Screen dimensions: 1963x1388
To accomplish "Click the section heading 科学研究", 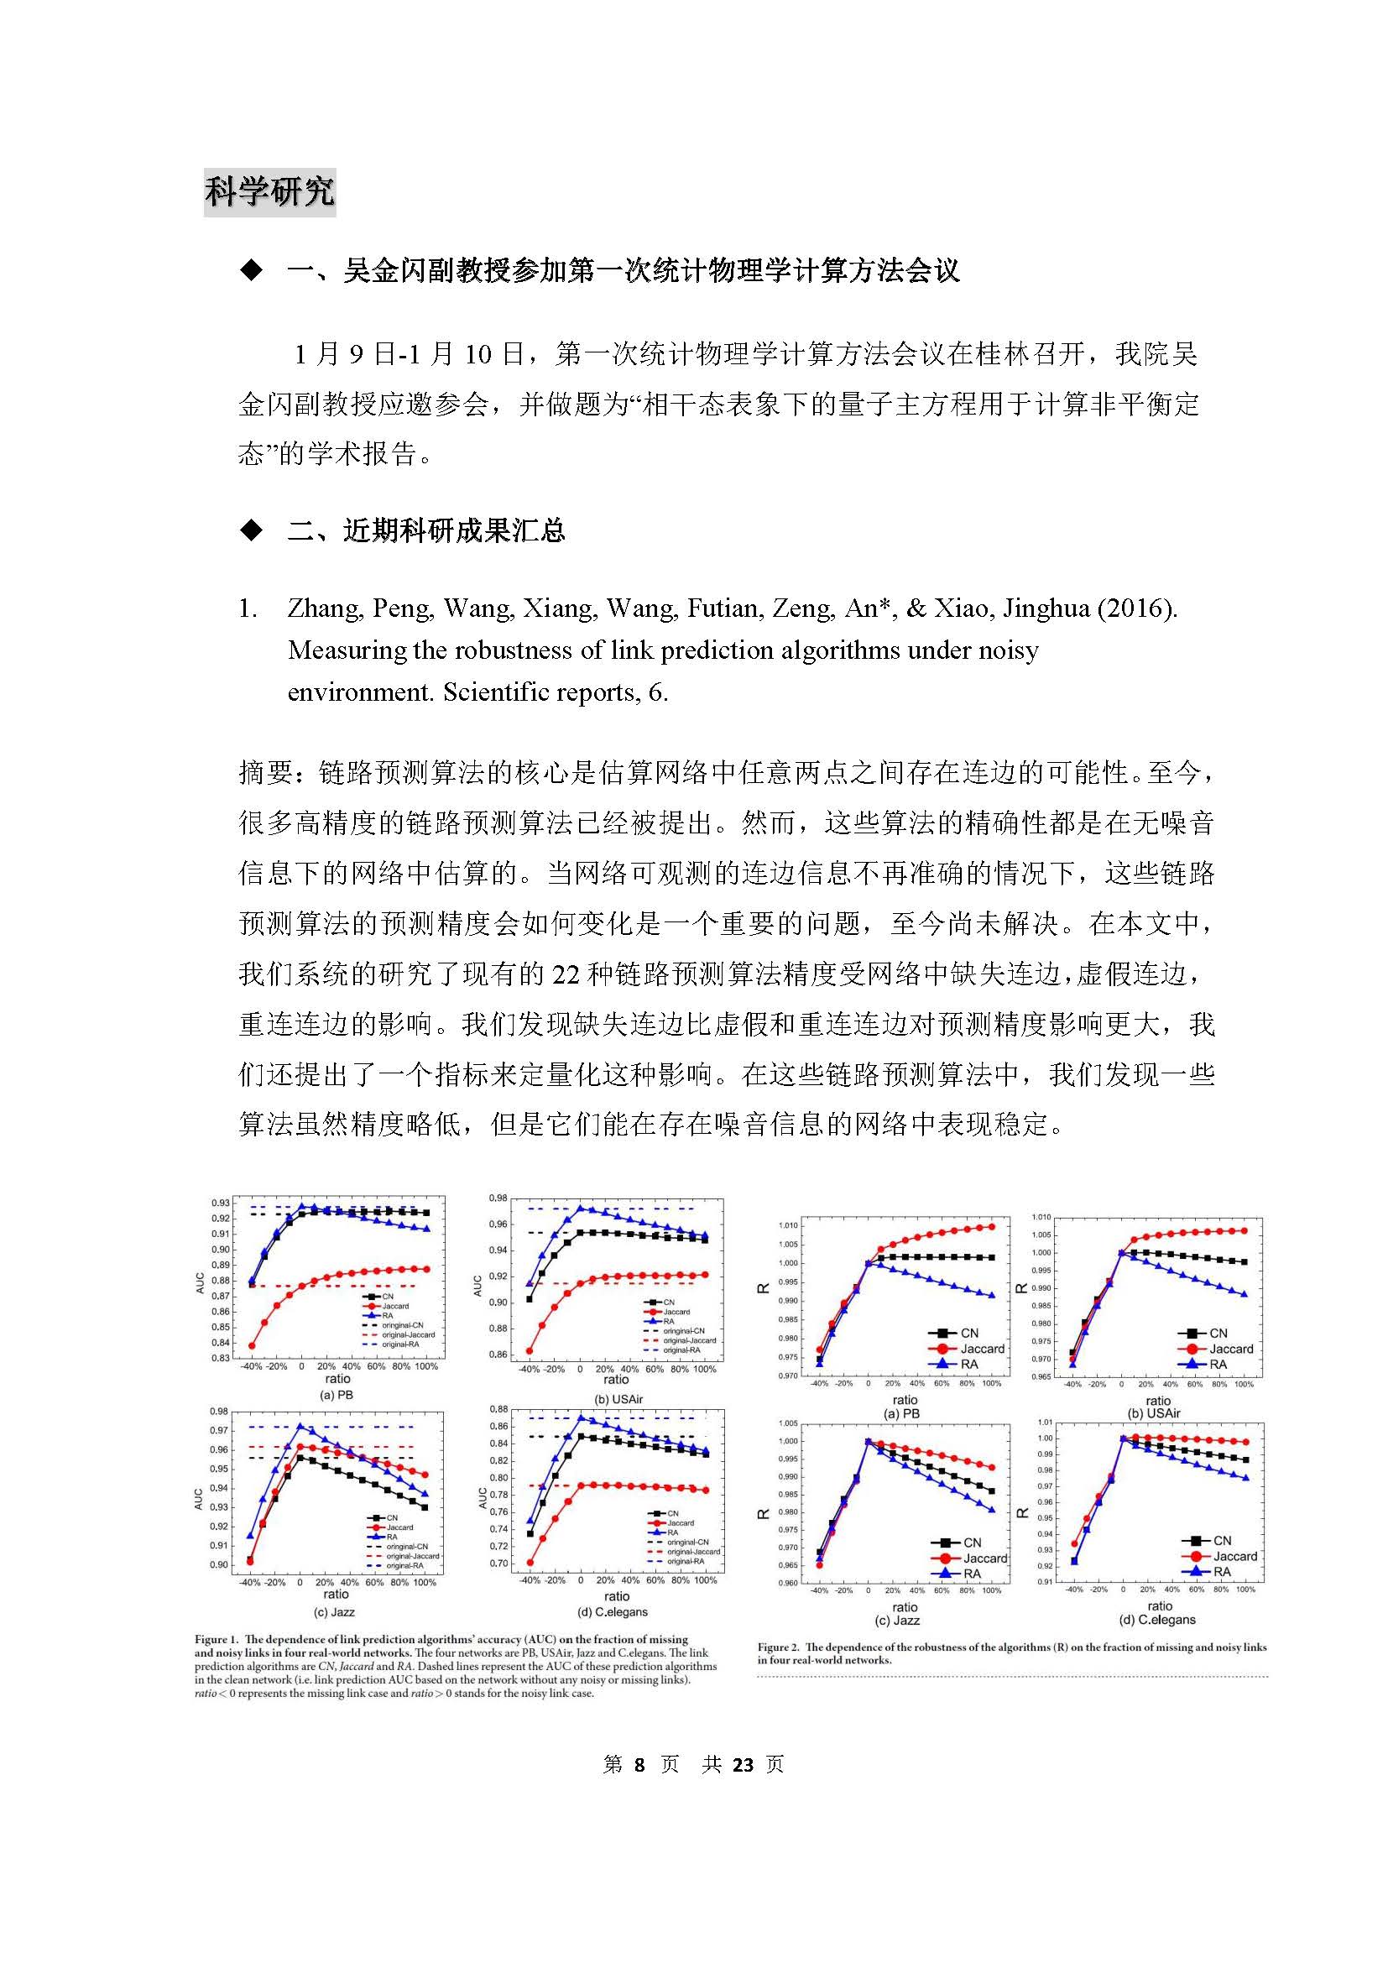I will [269, 193].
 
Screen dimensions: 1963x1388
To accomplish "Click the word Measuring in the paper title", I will [346, 650].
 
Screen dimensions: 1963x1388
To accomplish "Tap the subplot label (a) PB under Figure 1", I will [336, 1395].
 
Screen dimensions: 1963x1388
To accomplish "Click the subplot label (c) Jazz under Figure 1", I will [335, 1611].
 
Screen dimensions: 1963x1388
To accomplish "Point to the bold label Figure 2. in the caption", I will [779, 1647].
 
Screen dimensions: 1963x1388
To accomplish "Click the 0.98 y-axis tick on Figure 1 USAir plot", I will [498, 1198].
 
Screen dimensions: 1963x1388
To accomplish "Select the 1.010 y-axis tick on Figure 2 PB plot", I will [787, 1225].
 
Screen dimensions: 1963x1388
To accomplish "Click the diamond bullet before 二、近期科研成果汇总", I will [250, 531].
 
